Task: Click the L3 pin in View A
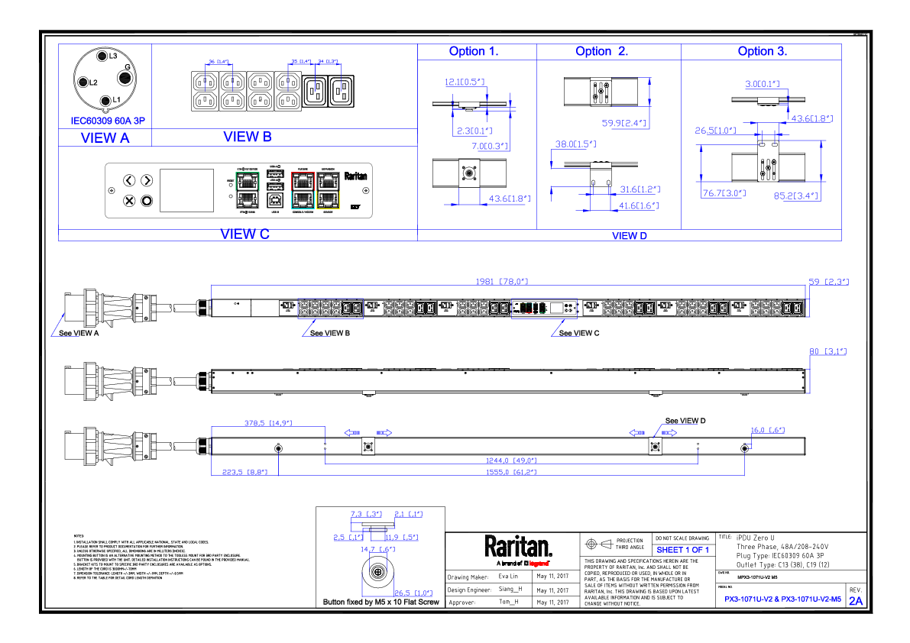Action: [x=102, y=56]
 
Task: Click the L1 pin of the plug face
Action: [x=107, y=99]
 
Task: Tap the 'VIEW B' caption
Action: [x=247, y=137]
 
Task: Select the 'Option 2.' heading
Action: [x=602, y=52]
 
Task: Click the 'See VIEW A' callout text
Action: [x=80, y=334]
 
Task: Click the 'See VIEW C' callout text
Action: [x=578, y=334]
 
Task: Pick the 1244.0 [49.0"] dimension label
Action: [x=510, y=460]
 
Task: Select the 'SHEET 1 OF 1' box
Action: [x=682, y=550]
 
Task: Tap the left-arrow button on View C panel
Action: [x=129, y=181]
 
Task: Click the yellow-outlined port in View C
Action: [x=329, y=199]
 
